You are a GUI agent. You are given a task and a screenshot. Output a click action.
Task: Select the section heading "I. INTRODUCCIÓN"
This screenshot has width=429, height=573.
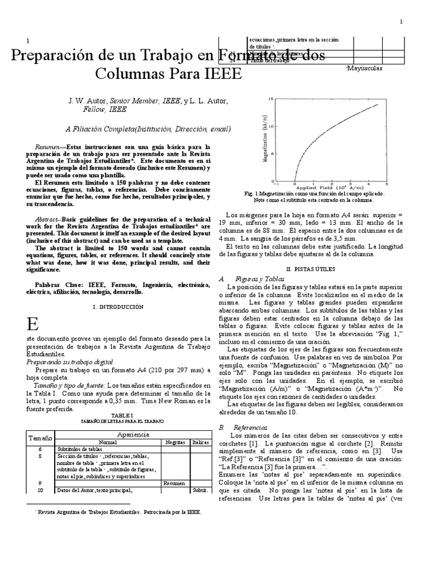[x=118, y=307]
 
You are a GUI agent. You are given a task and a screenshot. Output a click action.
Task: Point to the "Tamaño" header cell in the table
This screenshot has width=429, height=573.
[x=39, y=438]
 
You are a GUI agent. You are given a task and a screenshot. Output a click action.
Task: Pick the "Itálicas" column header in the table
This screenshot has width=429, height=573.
[x=199, y=442]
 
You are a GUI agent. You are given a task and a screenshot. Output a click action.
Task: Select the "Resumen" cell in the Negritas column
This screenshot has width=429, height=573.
[x=175, y=483]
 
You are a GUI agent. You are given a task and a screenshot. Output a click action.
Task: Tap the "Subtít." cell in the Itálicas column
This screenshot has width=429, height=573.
[x=199, y=490]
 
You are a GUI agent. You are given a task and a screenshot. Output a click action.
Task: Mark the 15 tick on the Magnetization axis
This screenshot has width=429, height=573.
[x=270, y=100]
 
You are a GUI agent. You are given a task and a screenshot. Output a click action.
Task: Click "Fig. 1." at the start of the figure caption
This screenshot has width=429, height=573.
[x=254, y=194]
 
